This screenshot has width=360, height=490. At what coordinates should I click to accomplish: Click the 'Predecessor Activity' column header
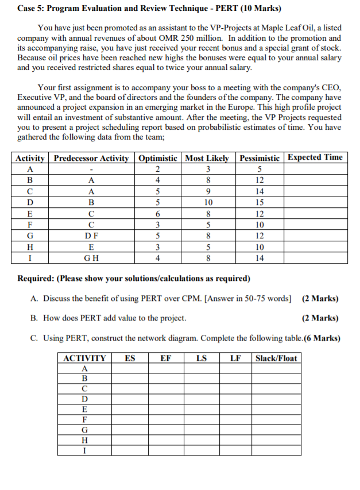click(x=91, y=158)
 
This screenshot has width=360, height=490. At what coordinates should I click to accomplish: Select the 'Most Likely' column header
click(x=207, y=158)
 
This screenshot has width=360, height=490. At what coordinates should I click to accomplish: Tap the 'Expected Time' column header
click(x=315, y=157)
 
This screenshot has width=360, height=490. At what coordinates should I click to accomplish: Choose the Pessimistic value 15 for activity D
click(x=260, y=202)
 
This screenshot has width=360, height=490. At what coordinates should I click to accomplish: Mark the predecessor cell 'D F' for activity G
click(x=91, y=236)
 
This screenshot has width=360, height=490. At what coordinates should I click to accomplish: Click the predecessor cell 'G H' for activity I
click(x=91, y=258)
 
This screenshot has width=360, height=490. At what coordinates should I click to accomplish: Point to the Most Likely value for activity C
click(x=207, y=191)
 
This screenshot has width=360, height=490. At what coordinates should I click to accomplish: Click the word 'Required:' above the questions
click(x=38, y=279)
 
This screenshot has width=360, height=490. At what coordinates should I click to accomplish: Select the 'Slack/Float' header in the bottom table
click(x=276, y=358)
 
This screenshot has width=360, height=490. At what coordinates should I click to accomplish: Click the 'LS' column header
click(x=202, y=358)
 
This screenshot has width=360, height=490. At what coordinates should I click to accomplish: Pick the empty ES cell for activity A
click(x=130, y=369)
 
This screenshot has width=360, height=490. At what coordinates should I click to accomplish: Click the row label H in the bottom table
click(x=85, y=439)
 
